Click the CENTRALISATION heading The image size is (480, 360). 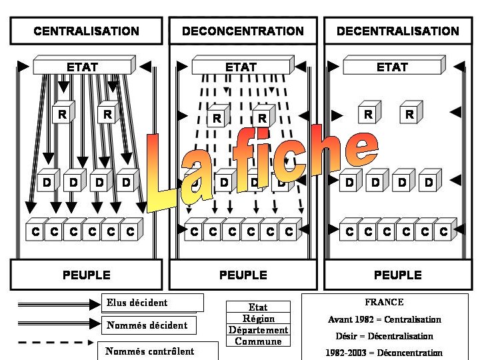tap(86, 31)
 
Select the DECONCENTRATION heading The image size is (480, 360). tap(243, 31)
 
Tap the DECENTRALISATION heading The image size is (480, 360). tap(398, 31)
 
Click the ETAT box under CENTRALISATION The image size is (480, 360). tap(83, 67)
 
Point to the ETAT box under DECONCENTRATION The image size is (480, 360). tap(241, 67)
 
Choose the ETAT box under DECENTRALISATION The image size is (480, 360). tap(392, 67)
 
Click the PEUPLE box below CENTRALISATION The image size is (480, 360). tap(86, 275)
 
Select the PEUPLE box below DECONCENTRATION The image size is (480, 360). tap(243, 275)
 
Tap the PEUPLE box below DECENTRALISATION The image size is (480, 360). tap(398, 275)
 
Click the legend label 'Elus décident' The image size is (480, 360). tap(137, 303)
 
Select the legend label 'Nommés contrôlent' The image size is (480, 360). tap(150, 351)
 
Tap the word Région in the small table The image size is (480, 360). tap(258, 319)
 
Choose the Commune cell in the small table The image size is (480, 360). tap(258, 341)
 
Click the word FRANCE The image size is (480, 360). tap(384, 302)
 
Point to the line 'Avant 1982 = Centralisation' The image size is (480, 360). tap(385, 319)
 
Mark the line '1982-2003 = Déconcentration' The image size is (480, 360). tap(384, 353)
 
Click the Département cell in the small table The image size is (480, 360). tap(258, 330)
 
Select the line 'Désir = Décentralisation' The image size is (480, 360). tap(384, 336)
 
